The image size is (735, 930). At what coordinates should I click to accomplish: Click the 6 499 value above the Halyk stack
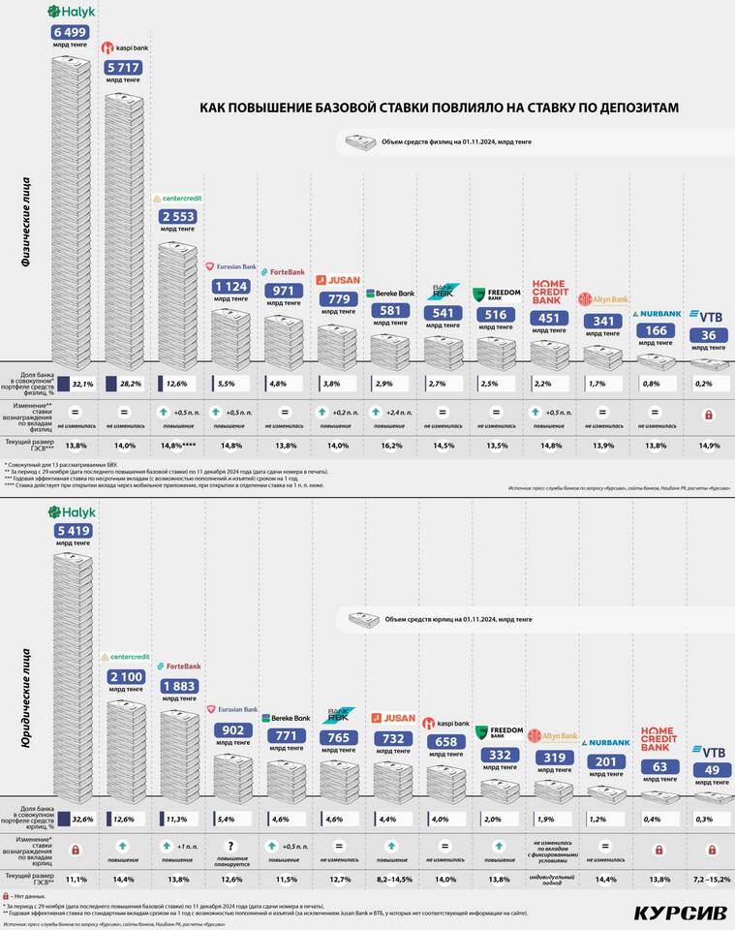pyautogui.click(x=70, y=33)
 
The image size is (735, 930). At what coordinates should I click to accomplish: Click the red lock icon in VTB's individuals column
pyautogui.click(x=708, y=414)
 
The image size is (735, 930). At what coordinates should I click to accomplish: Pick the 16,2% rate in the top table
pyautogui.click(x=391, y=445)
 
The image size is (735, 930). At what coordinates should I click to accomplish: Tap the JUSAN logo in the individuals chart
pyautogui.click(x=339, y=280)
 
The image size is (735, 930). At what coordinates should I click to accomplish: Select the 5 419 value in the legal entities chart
pyautogui.click(x=72, y=530)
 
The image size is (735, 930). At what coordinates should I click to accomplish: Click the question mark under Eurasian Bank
pyautogui.click(x=233, y=846)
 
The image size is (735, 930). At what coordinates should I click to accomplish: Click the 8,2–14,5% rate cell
pyautogui.click(x=391, y=879)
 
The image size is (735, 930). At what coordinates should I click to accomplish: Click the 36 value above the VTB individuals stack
pyautogui.click(x=708, y=336)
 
